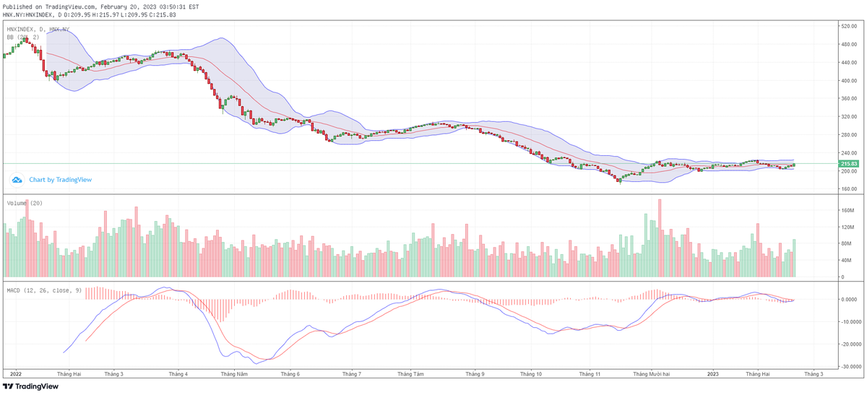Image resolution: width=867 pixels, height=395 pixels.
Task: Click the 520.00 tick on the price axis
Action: click(x=848, y=26)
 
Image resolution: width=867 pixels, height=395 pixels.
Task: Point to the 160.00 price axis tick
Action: click(x=848, y=189)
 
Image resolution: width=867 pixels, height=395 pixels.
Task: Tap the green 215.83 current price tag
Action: click(x=848, y=164)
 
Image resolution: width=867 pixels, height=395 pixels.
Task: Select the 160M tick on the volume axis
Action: click(x=847, y=211)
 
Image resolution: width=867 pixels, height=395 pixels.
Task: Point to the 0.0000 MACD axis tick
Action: click(x=850, y=299)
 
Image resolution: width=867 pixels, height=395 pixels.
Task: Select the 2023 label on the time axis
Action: click(x=713, y=374)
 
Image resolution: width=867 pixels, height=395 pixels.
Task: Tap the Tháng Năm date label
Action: click(x=235, y=374)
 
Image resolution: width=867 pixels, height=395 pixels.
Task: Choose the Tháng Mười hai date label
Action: click(x=652, y=374)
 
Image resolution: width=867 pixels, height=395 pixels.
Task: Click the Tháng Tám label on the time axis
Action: click(x=410, y=374)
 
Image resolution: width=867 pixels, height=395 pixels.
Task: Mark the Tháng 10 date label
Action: click(x=531, y=374)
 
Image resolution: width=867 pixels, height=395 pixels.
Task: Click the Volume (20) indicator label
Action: click(x=25, y=204)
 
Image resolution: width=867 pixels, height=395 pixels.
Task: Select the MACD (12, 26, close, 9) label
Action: click(x=44, y=290)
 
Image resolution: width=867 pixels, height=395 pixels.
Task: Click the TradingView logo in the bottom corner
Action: click(x=31, y=386)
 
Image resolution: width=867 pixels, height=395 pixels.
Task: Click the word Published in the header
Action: click(x=17, y=6)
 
